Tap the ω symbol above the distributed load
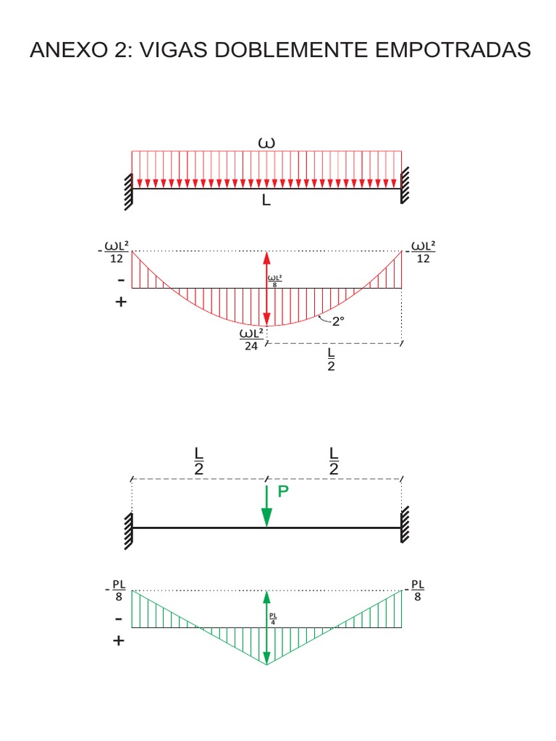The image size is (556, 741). (266, 143)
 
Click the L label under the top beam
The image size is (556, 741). (266, 201)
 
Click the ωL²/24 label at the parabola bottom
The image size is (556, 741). (252, 339)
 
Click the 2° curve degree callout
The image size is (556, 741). (337, 323)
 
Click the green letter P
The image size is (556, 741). (283, 491)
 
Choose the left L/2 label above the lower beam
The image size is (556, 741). (199, 461)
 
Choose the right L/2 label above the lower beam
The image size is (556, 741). (334, 461)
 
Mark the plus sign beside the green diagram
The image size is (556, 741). (119, 641)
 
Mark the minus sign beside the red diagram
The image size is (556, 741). (119, 279)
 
